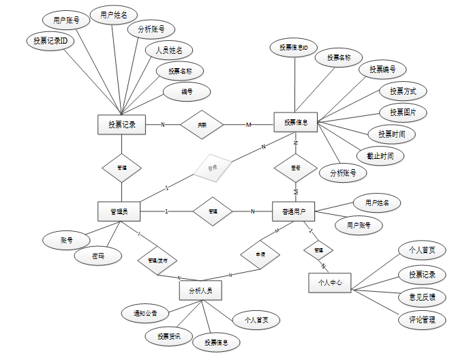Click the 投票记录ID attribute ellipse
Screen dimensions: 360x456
(50, 41)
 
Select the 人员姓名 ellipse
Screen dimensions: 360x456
(168, 50)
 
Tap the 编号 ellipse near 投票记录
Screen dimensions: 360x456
(186, 91)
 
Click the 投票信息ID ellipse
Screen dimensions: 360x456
(294, 48)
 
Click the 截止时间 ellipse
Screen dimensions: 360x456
(380, 155)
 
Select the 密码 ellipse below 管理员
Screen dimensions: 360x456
(99, 256)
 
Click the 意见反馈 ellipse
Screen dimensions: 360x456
(422, 297)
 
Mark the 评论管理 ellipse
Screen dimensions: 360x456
(422, 319)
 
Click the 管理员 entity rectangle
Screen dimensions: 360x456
(119, 211)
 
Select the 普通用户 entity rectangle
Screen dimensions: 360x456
(293, 211)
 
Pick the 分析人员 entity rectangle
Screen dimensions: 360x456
(200, 290)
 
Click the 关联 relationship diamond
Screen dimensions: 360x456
(202, 125)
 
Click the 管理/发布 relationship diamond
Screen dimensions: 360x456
(157, 260)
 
